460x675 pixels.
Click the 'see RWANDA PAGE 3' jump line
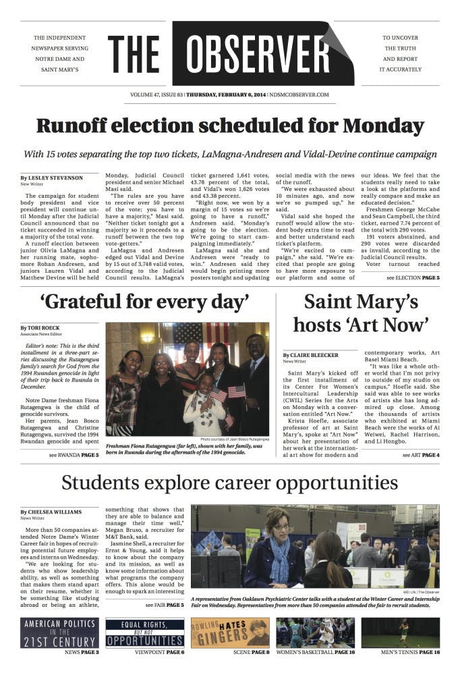74,437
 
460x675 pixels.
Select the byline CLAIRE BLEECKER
312,354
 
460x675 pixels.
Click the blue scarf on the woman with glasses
277,550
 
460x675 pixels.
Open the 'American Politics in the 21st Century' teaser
60,633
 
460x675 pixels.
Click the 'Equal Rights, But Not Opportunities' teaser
145,633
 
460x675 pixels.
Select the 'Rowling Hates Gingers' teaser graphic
230,633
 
